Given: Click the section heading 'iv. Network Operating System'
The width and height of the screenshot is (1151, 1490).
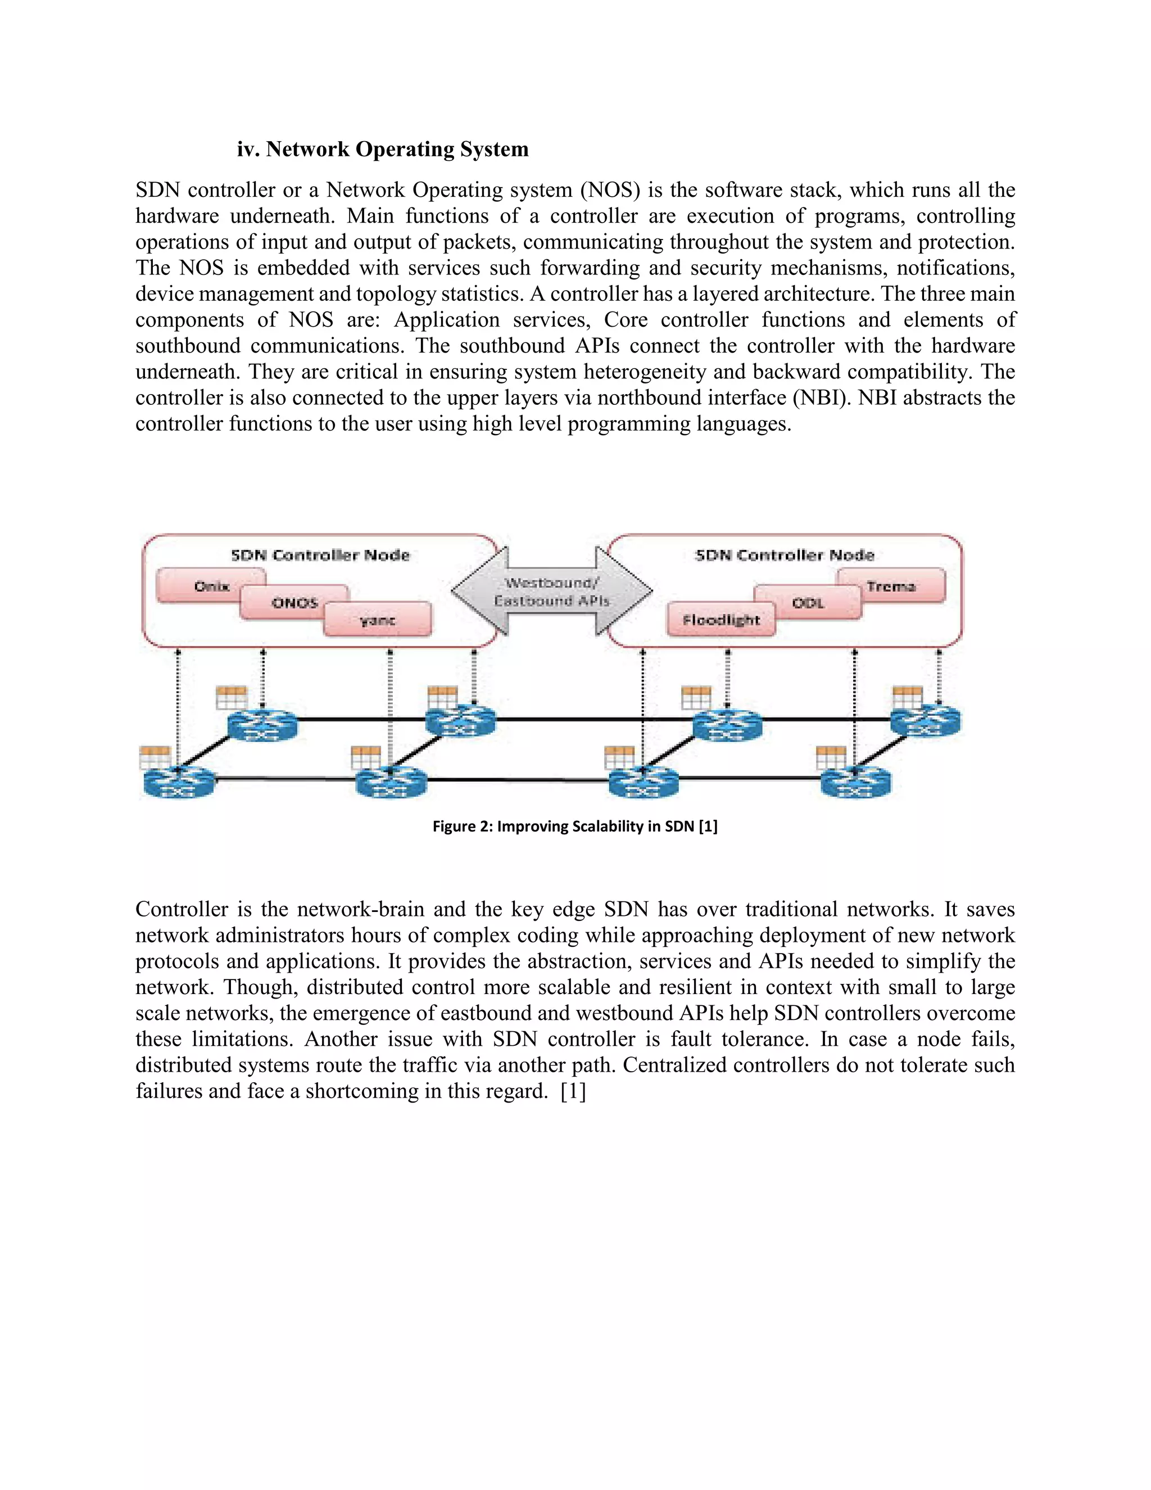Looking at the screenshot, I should [383, 149].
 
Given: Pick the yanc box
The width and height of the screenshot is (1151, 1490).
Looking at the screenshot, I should [377, 620].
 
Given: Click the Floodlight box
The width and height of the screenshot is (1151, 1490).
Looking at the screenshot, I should [720, 620].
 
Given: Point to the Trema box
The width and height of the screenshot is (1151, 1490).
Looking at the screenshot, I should [891, 586].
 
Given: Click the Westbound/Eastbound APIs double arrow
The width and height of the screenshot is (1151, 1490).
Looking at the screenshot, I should [552, 592].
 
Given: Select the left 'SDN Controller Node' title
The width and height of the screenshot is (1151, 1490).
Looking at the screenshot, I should [320, 554].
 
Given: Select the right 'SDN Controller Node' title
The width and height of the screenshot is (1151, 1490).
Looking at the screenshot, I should [784, 554].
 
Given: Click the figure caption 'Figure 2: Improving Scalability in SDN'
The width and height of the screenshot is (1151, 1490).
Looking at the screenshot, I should [575, 826].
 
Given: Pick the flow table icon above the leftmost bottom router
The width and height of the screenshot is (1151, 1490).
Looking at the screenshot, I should [154, 757].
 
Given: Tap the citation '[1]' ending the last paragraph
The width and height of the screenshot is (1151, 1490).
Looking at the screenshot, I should [573, 1091].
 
